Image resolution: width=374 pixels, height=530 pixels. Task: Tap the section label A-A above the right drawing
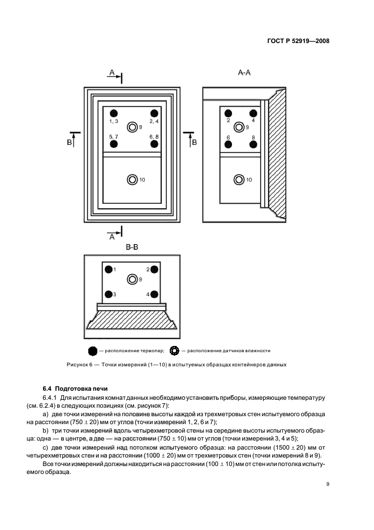click(245, 72)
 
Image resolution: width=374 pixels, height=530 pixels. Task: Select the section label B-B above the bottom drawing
click(131, 247)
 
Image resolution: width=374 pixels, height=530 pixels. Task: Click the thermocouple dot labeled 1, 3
click(113, 113)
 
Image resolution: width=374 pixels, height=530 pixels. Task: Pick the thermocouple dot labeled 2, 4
click(154, 113)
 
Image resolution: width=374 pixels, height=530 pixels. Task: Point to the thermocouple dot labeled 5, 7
click(113, 144)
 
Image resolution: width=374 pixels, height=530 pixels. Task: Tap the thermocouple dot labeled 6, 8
click(154, 144)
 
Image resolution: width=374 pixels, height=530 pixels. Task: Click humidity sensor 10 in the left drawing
click(132, 179)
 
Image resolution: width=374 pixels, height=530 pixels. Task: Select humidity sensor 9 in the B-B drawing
click(132, 279)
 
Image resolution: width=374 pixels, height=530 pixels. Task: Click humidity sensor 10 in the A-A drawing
click(239, 179)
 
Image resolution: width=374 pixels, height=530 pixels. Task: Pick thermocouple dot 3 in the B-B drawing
click(108, 294)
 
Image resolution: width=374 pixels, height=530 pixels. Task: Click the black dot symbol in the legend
click(93, 351)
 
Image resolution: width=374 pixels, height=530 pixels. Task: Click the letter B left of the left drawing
click(70, 143)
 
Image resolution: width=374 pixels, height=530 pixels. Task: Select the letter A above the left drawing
click(112, 72)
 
